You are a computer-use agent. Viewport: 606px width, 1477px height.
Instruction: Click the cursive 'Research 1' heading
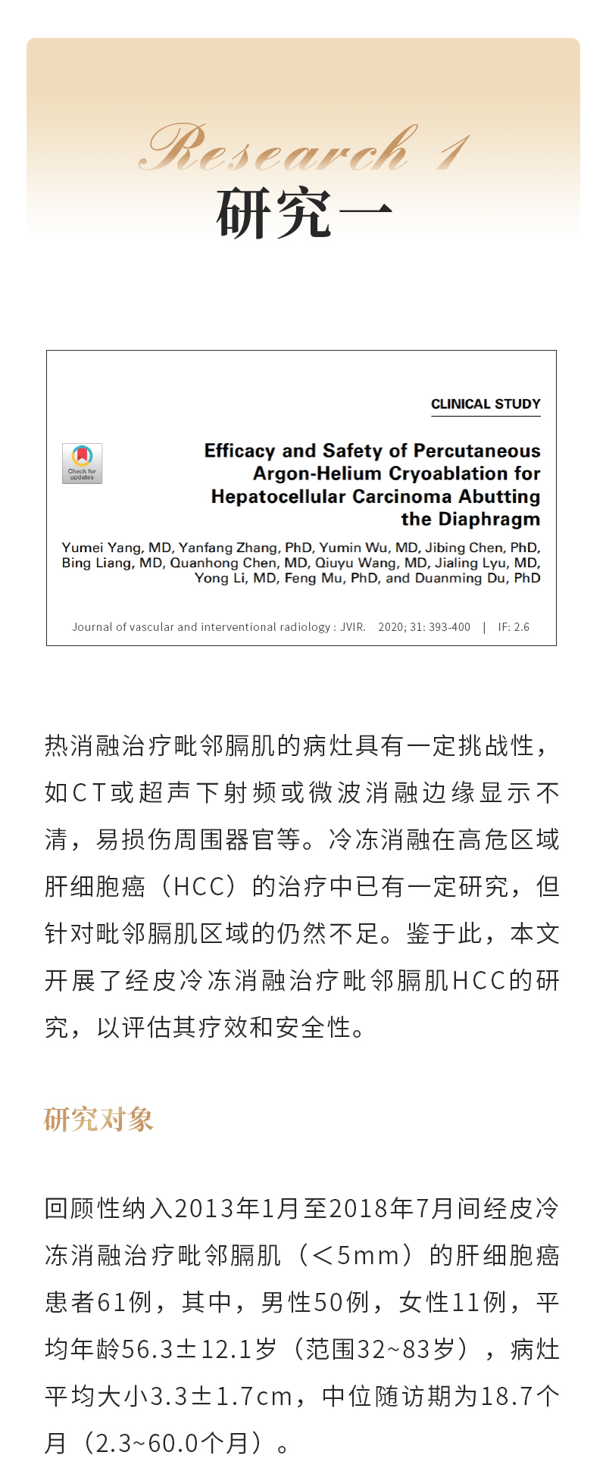[303, 148]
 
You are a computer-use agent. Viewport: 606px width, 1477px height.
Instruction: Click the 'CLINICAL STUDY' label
[486, 404]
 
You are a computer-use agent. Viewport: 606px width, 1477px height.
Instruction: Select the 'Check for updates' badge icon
[82, 464]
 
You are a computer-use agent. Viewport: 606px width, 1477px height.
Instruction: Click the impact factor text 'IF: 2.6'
[514, 627]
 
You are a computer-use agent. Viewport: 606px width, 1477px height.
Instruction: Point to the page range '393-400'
[449, 627]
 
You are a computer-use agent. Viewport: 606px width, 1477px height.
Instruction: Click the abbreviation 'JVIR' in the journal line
[352, 627]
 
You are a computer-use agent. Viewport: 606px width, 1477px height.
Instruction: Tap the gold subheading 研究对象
[98, 1119]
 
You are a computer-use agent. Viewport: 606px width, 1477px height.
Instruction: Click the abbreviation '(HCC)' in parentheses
[198, 886]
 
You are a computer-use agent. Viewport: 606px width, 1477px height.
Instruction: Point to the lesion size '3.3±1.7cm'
[220, 1396]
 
